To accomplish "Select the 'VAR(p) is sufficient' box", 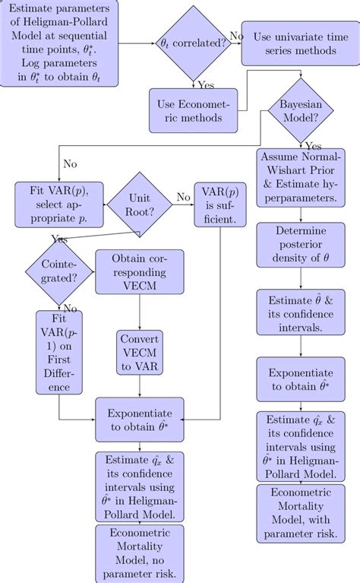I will click(219, 204).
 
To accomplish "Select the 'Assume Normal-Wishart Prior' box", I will click(302, 176).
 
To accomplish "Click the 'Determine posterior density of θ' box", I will click(302, 246).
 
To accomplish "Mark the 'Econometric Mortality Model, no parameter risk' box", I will click(141, 553).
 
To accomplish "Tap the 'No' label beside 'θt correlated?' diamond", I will click(236, 36).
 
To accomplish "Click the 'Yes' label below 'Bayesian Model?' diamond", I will click(313, 145).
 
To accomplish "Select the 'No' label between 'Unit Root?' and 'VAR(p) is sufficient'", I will click(183, 197).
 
